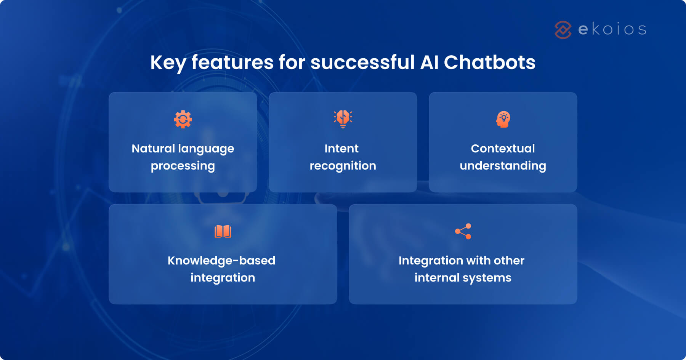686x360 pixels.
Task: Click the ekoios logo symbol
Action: click(563, 30)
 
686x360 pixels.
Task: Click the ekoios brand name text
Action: click(612, 29)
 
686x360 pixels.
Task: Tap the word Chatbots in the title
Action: click(489, 62)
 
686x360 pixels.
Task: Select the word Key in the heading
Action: click(168, 63)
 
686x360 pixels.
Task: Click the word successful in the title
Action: click(362, 62)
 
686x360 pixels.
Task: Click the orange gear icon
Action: click(183, 119)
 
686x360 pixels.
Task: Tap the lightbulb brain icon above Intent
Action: click(343, 119)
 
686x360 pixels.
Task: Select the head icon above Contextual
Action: click(503, 119)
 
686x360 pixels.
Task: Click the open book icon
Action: click(223, 231)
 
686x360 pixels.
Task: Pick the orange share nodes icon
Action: click(463, 231)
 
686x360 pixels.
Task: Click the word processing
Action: click(183, 166)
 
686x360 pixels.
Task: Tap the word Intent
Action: click(341, 148)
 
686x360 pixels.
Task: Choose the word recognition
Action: click(343, 166)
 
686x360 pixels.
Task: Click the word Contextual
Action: click(503, 148)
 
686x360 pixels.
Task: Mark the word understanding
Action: click(503, 166)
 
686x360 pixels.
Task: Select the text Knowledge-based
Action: click(221, 261)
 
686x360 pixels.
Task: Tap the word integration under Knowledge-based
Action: click(223, 278)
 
